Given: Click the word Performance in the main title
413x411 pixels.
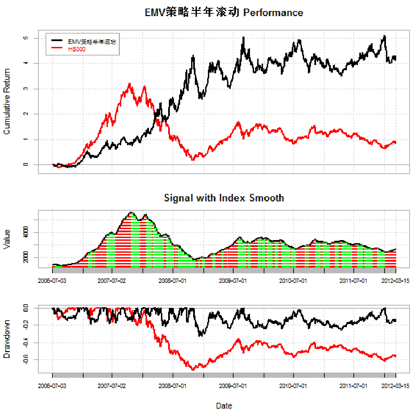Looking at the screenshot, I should [x=273, y=13].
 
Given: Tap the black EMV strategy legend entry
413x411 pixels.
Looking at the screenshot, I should [x=92, y=42].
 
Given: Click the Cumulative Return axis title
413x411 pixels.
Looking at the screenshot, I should [x=7, y=101].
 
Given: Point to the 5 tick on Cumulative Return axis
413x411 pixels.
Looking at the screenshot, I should [x=26, y=38].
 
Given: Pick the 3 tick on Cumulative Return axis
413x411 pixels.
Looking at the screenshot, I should [x=26, y=89].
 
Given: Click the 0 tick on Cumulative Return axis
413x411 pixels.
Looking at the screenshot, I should [x=26, y=165].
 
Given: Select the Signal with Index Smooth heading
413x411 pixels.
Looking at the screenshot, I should [x=224, y=198].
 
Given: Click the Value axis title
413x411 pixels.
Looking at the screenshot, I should [x=7, y=239].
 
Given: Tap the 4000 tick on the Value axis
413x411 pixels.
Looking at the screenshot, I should [x=26, y=233].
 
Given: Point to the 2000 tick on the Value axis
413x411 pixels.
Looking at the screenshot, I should [x=26, y=258].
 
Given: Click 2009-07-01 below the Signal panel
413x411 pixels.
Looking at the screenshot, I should [x=233, y=281].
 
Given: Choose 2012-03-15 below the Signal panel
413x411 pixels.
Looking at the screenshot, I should [x=395, y=281].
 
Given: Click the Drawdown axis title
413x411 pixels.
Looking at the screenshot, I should [x=7, y=339].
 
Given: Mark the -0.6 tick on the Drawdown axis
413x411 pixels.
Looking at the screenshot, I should [x=26, y=360].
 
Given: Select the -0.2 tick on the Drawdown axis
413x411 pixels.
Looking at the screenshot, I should [x=26, y=325].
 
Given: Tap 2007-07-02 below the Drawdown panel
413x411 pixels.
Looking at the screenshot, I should [x=112, y=386].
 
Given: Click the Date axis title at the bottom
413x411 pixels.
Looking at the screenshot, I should [x=224, y=406].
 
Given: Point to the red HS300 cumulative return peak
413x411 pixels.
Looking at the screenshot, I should [x=129, y=83].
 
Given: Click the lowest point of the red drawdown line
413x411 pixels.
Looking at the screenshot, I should [x=193, y=370].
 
